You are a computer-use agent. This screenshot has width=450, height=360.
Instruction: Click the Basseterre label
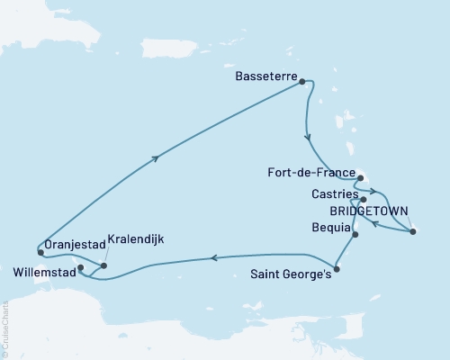pos(264,79)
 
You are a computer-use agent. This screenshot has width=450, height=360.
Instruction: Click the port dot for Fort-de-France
pos(359,178)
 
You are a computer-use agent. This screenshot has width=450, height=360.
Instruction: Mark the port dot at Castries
pos(363,200)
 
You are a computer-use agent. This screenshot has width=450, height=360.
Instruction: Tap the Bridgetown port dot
pos(412,232)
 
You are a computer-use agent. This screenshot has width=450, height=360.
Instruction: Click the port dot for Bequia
pos(355,235)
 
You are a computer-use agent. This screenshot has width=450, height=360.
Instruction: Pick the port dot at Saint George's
pos(336,268)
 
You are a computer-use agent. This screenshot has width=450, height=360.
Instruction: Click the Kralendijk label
pos(134,239)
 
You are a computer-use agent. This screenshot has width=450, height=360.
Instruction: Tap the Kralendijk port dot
pos(104,265)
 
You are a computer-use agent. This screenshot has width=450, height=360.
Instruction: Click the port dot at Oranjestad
pos(40,243)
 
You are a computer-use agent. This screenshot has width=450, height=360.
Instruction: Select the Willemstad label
pos(43,268)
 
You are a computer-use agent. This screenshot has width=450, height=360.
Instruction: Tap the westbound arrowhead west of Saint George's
pos(212,257)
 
